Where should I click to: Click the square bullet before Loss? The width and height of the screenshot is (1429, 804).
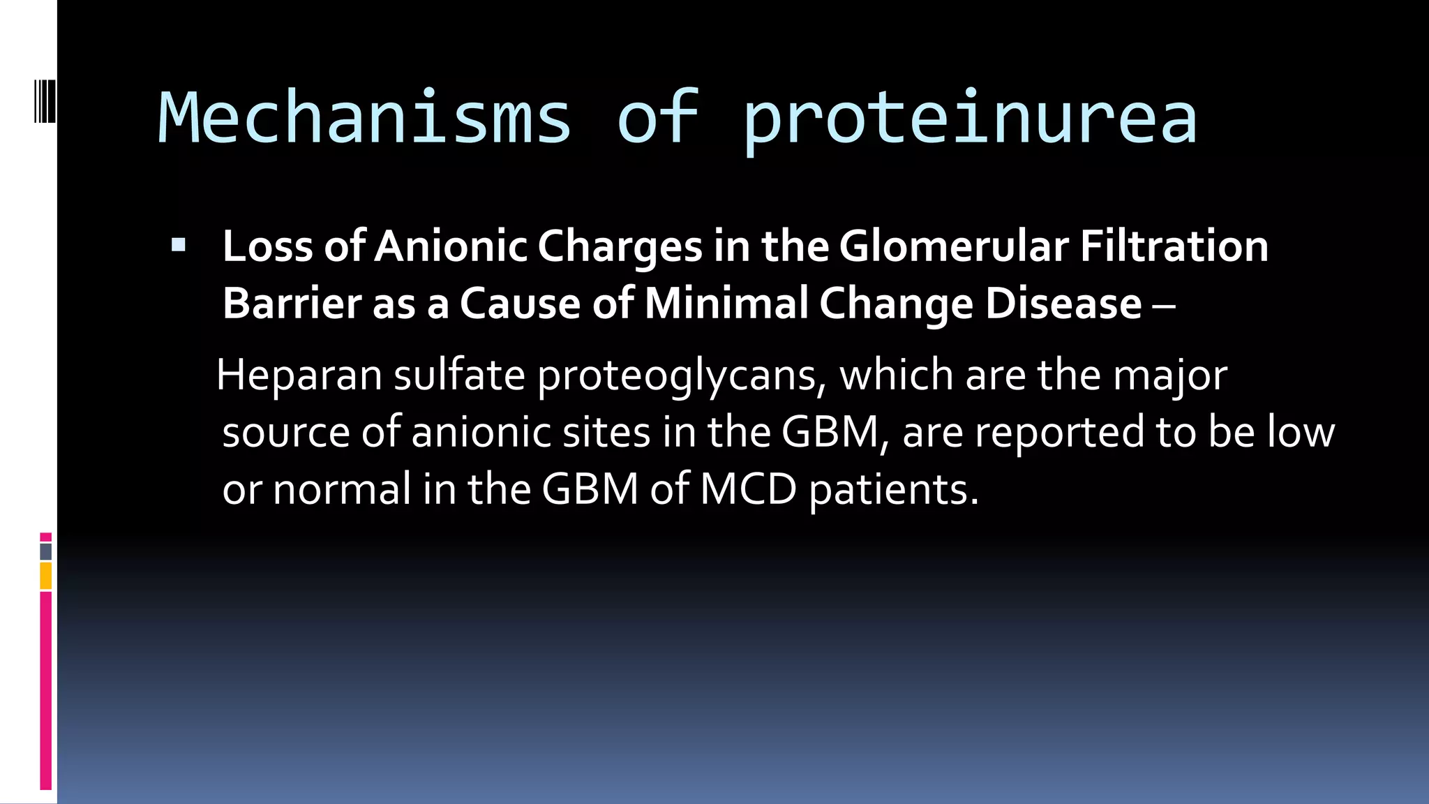[x=179, y=245]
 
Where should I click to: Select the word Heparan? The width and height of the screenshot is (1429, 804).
[x=299, y=375]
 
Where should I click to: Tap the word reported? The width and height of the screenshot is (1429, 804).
[x=1059, y=432]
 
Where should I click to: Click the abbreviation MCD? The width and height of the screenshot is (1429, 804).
[x=748, y=489]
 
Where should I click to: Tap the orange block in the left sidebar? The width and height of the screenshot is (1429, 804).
[x=45, y=576]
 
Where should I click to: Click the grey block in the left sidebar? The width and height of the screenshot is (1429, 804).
[x=45, y=551]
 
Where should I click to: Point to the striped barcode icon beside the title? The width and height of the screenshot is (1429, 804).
[x=44, y=102]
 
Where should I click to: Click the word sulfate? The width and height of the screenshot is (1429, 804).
[x=458, y=375]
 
